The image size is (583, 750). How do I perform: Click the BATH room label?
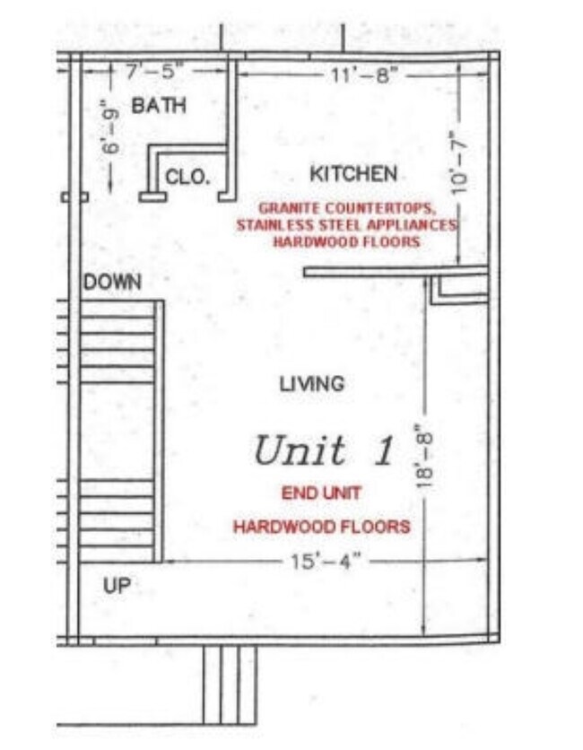point(159,106)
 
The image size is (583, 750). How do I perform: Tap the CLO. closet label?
point(187,178)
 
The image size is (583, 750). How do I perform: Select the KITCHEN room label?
point(353,173)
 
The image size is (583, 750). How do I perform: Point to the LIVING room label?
point(311,384)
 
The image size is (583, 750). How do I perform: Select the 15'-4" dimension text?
point(325,561)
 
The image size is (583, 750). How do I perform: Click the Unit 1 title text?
point(323,450)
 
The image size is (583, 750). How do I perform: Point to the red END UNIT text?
point(321,493)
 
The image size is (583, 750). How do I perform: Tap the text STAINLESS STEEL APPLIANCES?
point(346,224)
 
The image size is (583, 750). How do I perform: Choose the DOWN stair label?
point(112,283)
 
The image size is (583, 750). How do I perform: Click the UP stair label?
point(117,586)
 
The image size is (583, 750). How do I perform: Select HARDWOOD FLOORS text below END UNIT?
point(321,527)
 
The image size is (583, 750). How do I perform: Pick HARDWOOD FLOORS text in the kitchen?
point(346,241)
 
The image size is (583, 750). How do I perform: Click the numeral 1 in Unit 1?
point(383,450)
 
